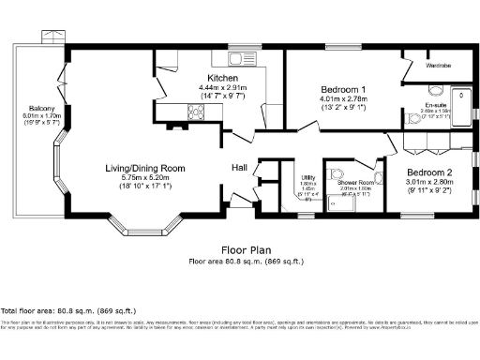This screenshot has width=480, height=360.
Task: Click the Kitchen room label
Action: click(222, 78)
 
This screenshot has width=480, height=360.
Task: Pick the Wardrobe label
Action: click(439, 66)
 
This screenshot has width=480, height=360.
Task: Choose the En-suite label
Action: click(435, 104)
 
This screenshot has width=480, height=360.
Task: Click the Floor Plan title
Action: click(241, 250)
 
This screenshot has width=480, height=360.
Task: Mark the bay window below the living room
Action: click(142, 228)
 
